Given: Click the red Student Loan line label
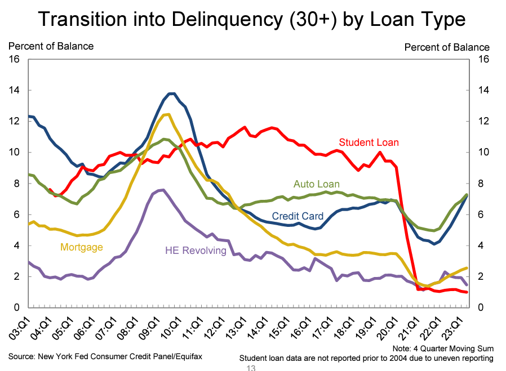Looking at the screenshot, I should click(x=369, y=142).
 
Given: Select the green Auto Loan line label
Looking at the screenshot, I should click(x=317, y=184).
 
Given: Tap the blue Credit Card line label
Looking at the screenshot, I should click(x=298, y=216).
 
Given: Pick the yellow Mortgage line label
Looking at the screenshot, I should click(x=82, y=247).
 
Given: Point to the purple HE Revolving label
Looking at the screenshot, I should click(x=196, y=250).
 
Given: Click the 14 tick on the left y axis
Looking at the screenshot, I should click(x=13, y=90).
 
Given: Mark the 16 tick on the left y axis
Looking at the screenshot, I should click(x=13, y=59).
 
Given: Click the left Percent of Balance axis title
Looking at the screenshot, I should click(x=51, y=46).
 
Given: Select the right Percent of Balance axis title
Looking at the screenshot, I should click(x=447, y=47).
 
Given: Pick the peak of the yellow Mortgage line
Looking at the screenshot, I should click(x=167, y=114).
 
